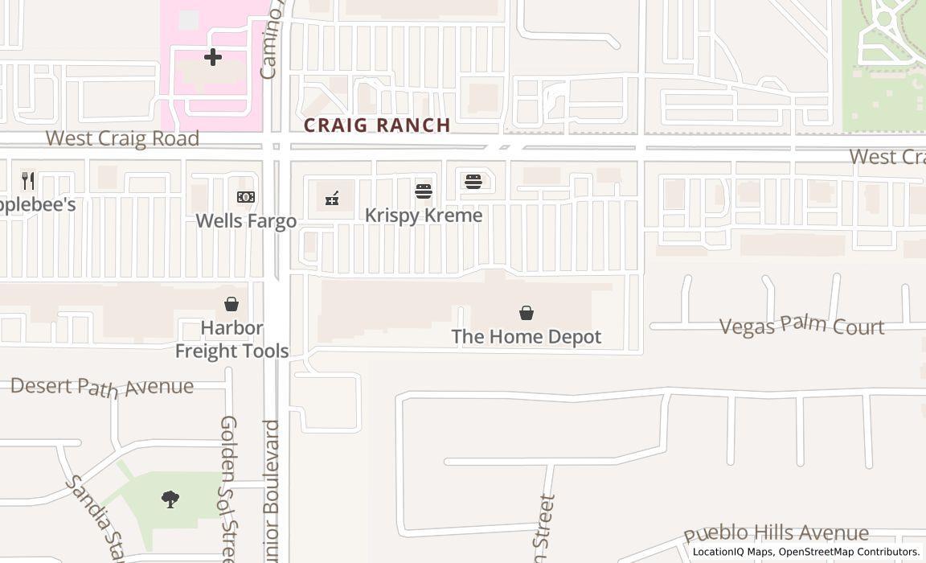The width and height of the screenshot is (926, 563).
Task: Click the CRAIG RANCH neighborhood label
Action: (x=377, y=125)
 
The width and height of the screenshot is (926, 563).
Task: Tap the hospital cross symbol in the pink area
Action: (x=212, y=57)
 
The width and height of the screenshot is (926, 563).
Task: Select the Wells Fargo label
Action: (x=246, y=220)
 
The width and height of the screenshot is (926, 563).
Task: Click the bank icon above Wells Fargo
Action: (x=246, y=197)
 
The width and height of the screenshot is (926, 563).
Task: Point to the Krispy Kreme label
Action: (x=424, y=215)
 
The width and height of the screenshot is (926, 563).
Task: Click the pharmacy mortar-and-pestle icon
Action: (x=332, y=199)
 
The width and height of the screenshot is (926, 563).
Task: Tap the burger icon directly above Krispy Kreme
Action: (x=424, y=191)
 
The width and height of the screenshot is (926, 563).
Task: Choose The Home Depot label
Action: (x=526, y=336)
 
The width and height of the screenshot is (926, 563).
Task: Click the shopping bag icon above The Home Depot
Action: (x=527, y=312)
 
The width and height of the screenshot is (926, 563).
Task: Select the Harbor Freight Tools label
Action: (x=231, y=339)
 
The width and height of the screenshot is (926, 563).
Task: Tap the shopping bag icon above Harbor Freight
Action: (x=231, y=303)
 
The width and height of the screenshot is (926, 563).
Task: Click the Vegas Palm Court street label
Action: (x=801, y=326)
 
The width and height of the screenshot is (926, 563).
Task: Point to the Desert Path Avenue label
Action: (x=102, y=386)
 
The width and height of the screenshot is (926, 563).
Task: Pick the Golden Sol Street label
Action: (x=229, y=487)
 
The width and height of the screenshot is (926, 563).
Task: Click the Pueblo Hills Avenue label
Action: (x=776, y=533)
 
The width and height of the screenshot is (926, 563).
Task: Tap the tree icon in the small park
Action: (x=170, y=500)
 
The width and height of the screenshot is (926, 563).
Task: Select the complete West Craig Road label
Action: (x=122, y=138)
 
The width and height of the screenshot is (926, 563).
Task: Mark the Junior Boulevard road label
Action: (x=271, y=491)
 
